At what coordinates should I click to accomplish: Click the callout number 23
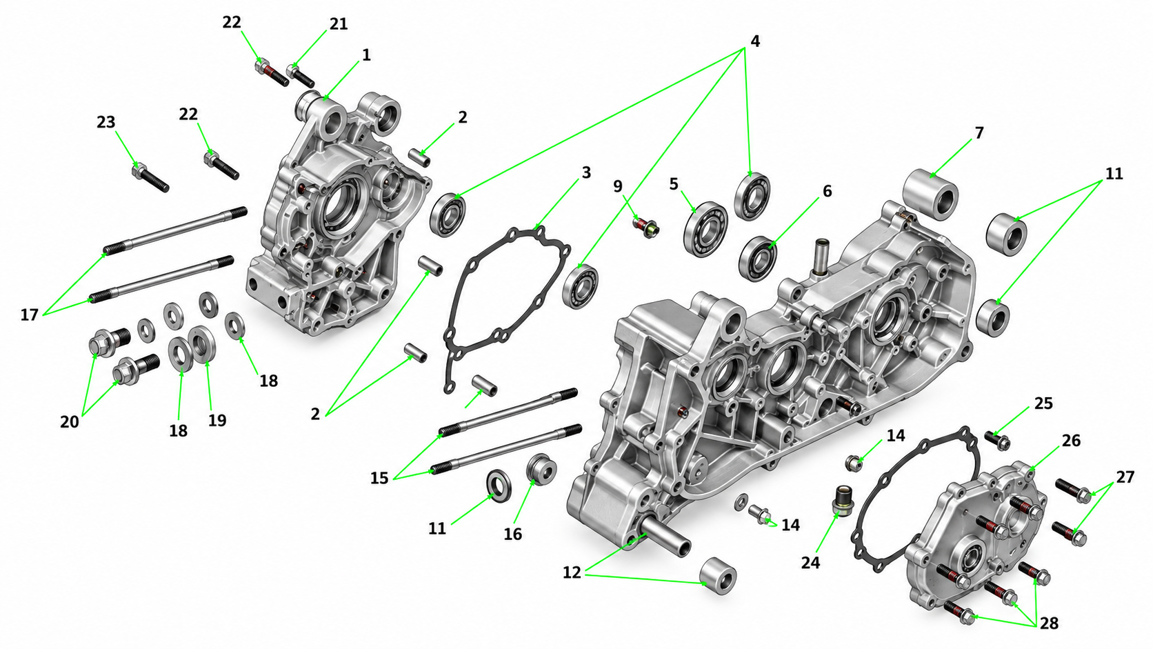pyautogui.click(x=106, y=123)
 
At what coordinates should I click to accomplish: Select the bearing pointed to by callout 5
pyautogui.click(x=705, y=230)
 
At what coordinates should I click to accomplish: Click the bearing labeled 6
pyautogui.click(x=758, y=259)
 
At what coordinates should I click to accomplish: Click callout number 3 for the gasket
pyautogui.click(x=586, y=173)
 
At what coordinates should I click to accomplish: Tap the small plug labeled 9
pyautogui.click(x=647, y=228)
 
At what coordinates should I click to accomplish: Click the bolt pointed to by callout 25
pyautogui.click(x=998, y=440)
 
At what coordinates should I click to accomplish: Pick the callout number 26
pyautogui.click(x=1071, y=441)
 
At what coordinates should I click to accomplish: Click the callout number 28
pyautogui.click(x=1049, y=623)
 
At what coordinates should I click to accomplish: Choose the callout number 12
pyautogui.click(x=572, y=572)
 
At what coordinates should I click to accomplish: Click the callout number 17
pyautogui.click(x=30, y=314)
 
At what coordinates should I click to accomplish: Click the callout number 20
pyautogui.click(x=70, y=422)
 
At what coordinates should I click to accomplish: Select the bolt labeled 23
pyautogui.click(x=150, y=177)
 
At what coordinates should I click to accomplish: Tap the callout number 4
pyautogui.click(x=755, y=41)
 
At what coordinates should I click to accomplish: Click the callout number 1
pyautogui.click(x=366, y=55)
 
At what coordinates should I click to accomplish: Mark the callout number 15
pyautogui.click(x=379, y=478)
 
